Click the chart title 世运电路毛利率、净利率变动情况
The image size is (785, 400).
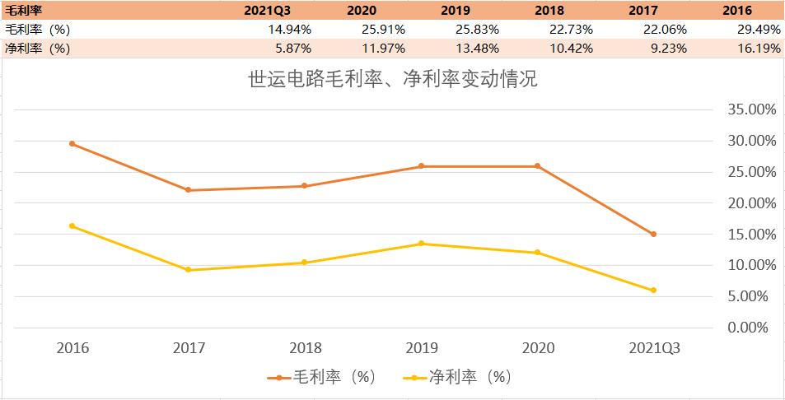click(392, 81)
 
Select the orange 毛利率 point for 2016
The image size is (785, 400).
click(72, 143)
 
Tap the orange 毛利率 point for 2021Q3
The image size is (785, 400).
click(653, 234)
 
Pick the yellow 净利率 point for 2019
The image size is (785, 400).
click(421, 243)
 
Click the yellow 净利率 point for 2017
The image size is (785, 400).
click(189, 269)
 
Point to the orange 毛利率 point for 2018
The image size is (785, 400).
click(305, 185)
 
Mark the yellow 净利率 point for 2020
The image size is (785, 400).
click(537, 252)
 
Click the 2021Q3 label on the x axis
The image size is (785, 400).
click(653, 348)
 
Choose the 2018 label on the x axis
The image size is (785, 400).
click(305, 348)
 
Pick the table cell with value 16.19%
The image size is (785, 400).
click(757, 49)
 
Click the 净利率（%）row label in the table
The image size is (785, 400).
click(37, 49)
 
